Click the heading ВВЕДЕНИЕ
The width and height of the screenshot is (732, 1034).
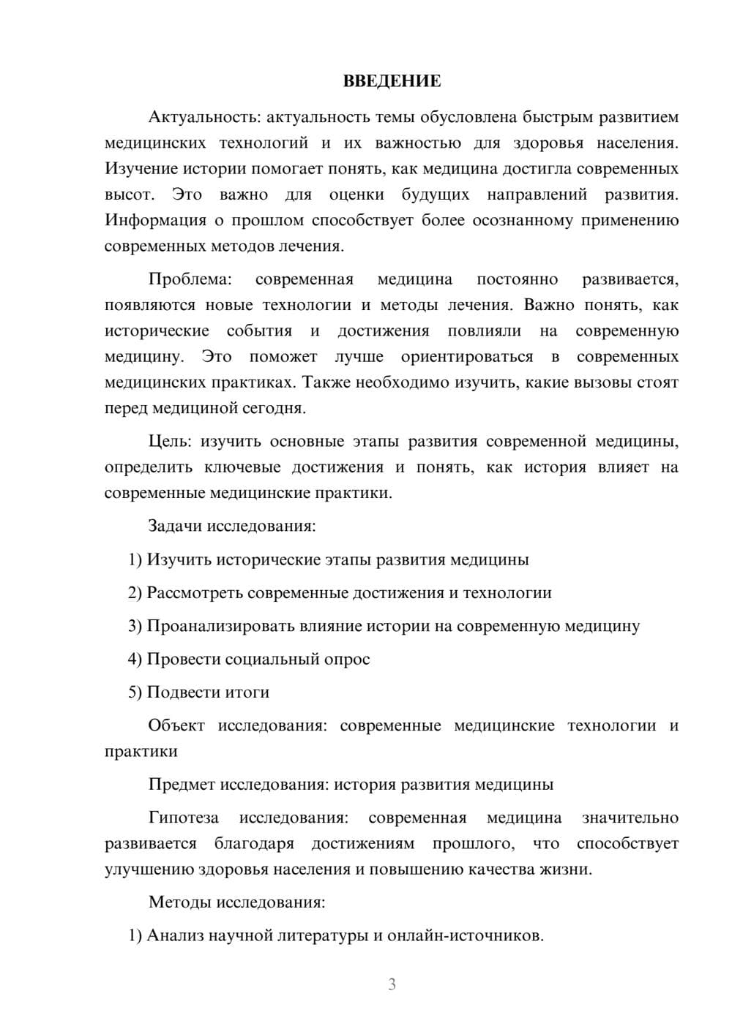pos(392,81)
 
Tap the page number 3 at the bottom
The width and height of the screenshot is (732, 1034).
pos(392,984)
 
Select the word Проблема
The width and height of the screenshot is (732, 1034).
pos(190,279)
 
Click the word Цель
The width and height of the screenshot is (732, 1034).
pos(170,442)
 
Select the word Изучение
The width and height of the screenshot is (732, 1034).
pos(141,169)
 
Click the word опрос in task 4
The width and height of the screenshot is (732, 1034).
pos(347,659)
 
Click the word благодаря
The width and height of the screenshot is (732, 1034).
pos(254,843)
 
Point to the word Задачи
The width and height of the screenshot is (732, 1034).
pos(175,526)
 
